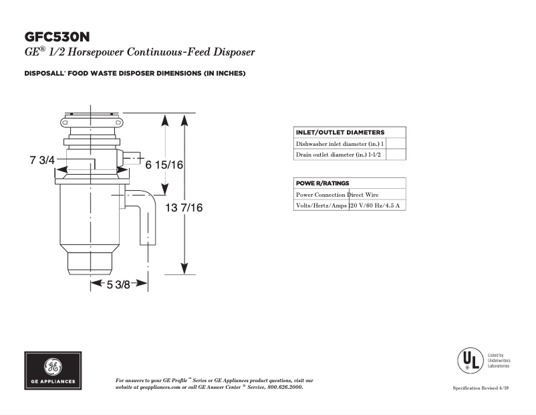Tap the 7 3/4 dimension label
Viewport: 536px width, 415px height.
41,161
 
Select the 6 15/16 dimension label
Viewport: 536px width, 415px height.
164,165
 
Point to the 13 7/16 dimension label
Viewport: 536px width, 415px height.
180,208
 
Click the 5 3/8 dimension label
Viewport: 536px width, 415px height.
119,284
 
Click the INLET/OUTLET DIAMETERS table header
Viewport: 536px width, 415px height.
340,133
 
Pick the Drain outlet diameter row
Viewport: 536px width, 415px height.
338,155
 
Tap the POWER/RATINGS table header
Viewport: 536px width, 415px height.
322,183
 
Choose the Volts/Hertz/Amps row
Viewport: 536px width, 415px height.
348,205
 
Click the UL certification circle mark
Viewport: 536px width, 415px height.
469,361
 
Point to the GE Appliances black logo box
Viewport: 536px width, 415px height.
54,371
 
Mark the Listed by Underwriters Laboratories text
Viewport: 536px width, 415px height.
499,361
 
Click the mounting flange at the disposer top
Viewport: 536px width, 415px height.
92,122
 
